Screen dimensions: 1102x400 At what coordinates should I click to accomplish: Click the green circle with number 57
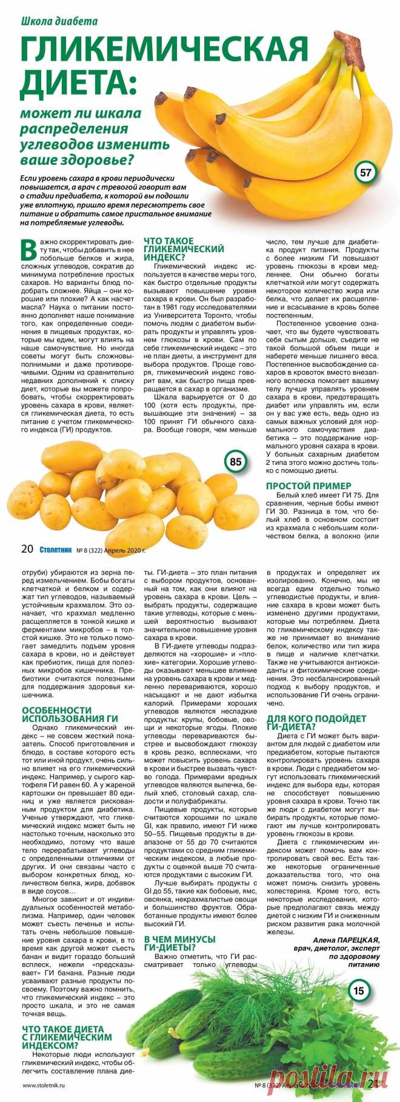click(365, 173)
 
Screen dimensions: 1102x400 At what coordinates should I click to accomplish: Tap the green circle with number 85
click(236, 462)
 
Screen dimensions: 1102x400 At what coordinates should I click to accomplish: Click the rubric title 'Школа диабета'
click(59, 21)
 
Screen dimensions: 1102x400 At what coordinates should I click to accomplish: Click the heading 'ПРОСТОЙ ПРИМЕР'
click(308, 486)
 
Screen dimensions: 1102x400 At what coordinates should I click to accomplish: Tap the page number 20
click(27, 549)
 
